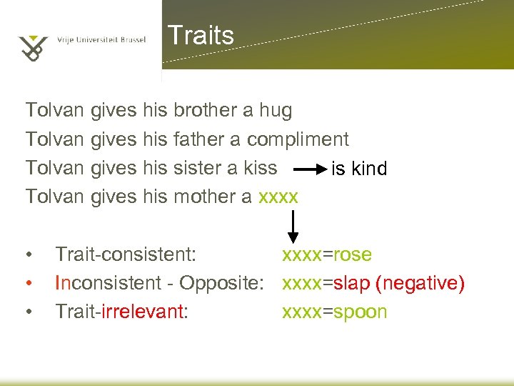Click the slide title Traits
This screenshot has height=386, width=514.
tap(200, 35)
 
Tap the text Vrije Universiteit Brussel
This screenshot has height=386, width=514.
tap(101, 40)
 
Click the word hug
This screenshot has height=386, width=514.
tap(276, 111)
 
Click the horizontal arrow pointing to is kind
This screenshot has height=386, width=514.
tap(310, 169)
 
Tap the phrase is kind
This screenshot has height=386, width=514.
tap(359, 169)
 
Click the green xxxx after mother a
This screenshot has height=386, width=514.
tap(278, 197)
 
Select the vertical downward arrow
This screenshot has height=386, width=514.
tap(293, 228)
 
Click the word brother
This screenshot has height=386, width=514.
tap(205, 111)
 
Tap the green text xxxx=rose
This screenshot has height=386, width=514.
tap(327, 254)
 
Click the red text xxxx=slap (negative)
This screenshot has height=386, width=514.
tap(373, 283)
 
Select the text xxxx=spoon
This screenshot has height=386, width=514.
tap(335, 312)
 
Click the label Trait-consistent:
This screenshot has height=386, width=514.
tap(126, 254)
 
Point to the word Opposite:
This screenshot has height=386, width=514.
tap(228, 284)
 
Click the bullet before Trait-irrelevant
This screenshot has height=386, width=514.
tap(28, 312)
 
